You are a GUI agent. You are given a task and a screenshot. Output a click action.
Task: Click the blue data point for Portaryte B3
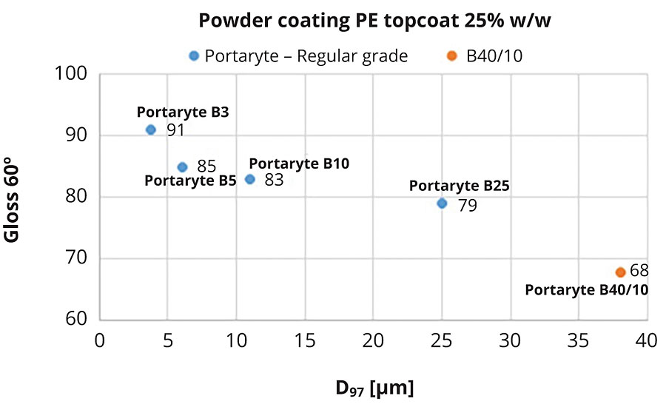pos(151,129)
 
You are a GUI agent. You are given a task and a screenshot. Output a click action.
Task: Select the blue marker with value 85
pos(182,167)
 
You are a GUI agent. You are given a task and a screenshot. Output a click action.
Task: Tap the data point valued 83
pos(250,179)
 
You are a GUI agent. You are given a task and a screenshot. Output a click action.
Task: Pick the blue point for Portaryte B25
pos(442,203)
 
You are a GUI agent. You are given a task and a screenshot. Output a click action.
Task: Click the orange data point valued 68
pos(620,272)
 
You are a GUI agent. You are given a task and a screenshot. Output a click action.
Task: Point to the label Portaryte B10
pos(298,163)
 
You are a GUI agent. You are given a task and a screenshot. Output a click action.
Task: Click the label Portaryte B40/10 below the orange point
pos(587,289)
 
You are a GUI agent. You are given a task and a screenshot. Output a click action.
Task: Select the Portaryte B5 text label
pos(190,180)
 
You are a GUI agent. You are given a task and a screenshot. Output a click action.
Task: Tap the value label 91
pos(176,131)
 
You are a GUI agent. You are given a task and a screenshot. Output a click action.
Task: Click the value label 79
pos(467,205)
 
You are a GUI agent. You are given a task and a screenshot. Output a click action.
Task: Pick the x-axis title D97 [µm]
pos(374,386)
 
